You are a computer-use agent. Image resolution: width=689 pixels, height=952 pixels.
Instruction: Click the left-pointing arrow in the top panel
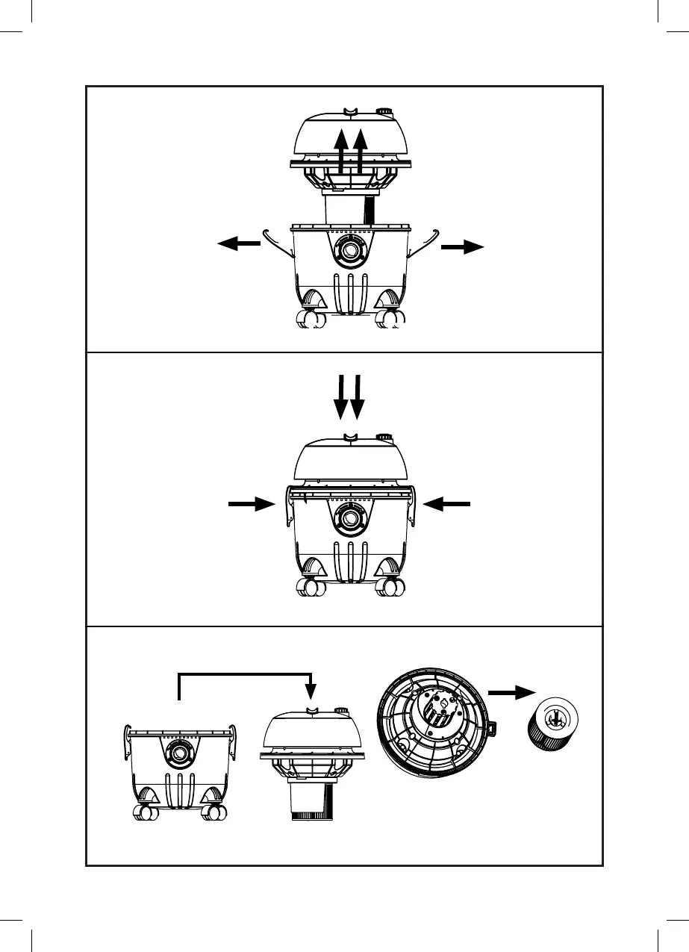coord(237,243)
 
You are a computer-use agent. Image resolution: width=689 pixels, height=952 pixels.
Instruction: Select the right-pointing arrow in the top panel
coord(463,249)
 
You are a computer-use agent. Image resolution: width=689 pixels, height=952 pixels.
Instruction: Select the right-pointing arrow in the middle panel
coord(252,505)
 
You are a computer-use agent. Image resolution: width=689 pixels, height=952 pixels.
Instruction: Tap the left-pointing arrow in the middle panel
coord(447,505)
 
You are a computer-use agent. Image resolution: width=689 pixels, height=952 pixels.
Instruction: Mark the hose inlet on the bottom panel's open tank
coord(179,756)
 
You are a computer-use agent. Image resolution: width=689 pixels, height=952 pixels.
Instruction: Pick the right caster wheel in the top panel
coord(389,320)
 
